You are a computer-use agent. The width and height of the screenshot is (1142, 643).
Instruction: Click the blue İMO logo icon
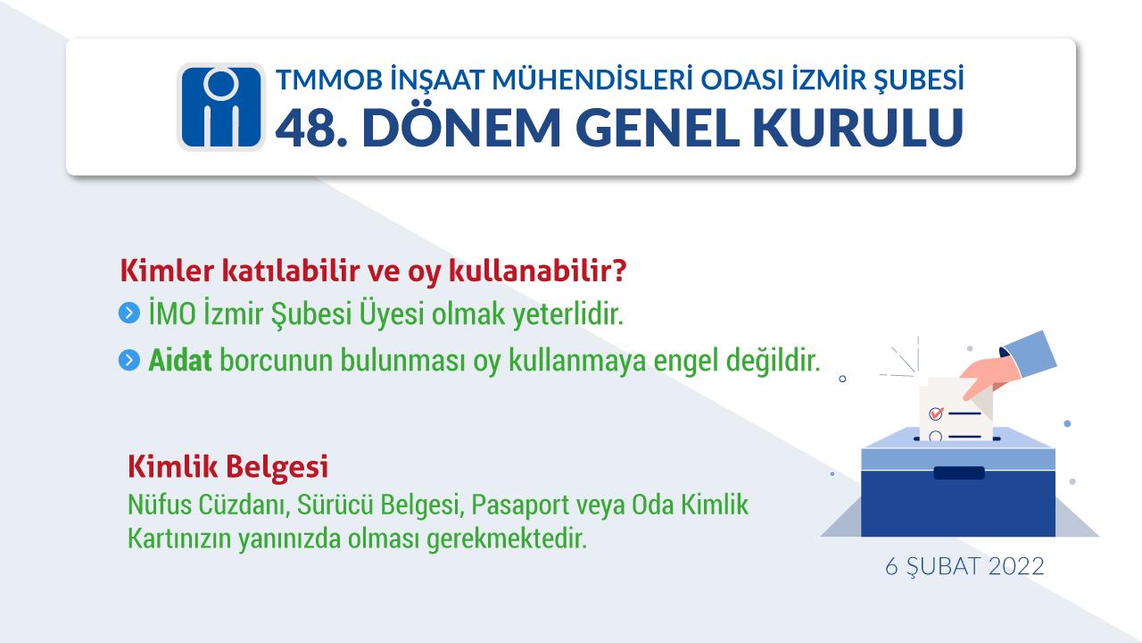point(220,106)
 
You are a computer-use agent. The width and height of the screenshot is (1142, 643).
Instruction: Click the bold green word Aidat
point(179,360)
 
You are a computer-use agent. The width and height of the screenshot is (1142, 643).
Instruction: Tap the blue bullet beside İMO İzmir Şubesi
point(129,313)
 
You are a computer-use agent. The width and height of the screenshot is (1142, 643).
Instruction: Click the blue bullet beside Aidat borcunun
point(129,360)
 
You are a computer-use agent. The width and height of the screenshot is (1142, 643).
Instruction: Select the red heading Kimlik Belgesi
point(228,467)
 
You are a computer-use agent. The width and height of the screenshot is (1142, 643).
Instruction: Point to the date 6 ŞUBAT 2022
point(964,567)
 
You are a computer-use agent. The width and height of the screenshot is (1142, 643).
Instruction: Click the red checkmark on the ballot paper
point(936,413)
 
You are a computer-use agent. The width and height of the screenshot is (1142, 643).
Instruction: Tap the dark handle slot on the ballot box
point(958,473)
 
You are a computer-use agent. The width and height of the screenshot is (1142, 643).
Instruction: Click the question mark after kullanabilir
point(619,271)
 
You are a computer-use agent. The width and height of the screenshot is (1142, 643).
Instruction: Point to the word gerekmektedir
point(507,539)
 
